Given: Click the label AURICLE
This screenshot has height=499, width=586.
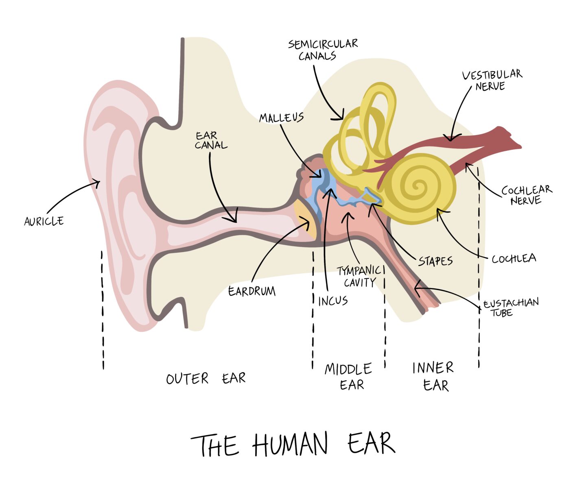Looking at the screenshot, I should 44,221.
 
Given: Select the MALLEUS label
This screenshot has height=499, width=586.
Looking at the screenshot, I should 281,118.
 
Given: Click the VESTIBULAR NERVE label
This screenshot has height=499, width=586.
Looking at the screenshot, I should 492,80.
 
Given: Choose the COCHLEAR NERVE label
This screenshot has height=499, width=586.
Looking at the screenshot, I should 526,195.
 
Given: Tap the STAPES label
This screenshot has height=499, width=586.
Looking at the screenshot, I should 435,261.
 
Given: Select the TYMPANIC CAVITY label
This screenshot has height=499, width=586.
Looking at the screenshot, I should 359,277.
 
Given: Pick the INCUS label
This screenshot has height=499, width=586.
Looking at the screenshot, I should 333,301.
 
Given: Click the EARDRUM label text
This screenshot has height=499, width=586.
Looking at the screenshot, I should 251,291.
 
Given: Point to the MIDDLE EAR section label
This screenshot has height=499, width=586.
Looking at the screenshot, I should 348,376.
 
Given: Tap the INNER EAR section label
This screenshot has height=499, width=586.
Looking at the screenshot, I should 433,376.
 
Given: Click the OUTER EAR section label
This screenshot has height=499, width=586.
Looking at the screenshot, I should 206,379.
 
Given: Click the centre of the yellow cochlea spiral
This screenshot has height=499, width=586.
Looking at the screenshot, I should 418,187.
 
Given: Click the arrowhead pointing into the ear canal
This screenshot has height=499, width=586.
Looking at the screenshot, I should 234,220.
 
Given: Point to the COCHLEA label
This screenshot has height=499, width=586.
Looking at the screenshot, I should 514,259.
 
